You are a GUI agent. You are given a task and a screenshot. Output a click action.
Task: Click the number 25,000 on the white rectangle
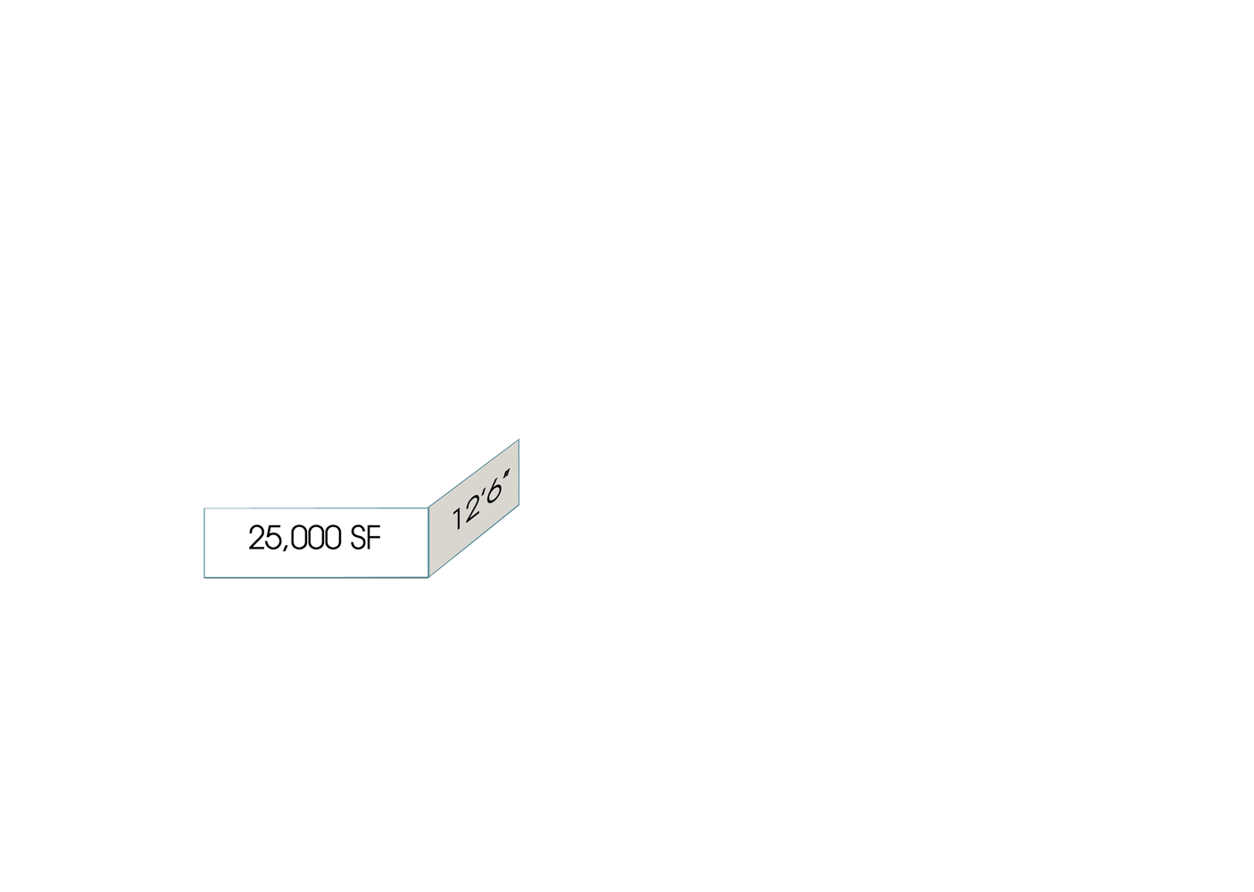tap(295, 538)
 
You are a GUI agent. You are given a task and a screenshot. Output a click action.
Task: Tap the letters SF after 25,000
tap(366, 538)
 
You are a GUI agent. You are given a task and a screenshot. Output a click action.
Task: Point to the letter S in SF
tap(358, 538)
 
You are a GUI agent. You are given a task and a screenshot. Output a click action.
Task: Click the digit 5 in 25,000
tap(274, 538)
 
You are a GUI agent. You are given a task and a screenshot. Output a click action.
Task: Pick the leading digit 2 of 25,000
tap(256, 538)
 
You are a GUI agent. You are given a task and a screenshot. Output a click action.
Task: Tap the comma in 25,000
tap(286, 548)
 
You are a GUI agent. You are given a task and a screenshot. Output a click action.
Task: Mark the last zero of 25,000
tap(333, 538)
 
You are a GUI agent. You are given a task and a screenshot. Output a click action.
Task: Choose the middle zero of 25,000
tap(316, 538)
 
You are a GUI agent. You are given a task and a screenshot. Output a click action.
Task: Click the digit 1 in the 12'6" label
tap(457, 519)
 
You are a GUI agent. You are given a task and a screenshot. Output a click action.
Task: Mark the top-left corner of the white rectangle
tap(204, 508)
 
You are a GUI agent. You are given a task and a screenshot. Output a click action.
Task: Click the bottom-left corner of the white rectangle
tap(204, 577)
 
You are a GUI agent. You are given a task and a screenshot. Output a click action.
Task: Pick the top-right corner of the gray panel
tap(519, 439)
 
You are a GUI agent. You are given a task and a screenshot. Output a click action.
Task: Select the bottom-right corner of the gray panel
tap(519, 505)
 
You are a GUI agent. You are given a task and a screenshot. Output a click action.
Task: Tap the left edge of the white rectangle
tap(204, 543)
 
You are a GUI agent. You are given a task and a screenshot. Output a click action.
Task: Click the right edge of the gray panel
tap(519, 472)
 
